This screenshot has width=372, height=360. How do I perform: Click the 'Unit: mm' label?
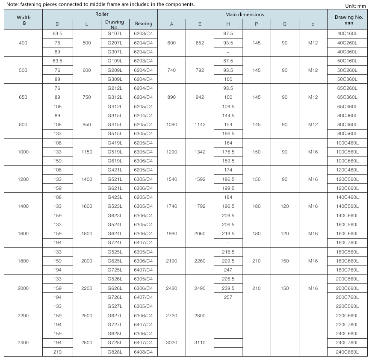tap(356, 6)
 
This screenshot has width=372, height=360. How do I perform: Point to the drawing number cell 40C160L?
tap(347, 34)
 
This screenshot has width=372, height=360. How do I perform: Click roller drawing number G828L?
tap(115, 352)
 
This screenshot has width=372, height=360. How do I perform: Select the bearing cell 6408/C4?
tap(143, 352)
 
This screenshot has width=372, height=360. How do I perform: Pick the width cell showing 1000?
tap(24, 152)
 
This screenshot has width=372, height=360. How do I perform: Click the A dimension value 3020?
tap(171, 342)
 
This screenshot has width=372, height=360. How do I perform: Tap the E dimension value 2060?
tap(199, 233)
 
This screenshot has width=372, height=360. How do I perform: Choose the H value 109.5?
tap(228, 106)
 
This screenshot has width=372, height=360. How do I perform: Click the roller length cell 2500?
tap(87, 316)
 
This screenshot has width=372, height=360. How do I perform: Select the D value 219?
tap(57, 352)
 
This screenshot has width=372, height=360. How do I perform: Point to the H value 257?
tap(228, 297)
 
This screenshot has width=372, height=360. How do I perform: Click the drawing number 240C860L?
tap(347, 352)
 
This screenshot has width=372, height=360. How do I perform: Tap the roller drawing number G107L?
tap(115, 34)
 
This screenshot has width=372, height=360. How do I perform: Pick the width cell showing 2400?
tap(24, 342)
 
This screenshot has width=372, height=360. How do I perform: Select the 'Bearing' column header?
tap(143, 24)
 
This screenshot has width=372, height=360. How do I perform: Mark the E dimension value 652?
tap(199, 43)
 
